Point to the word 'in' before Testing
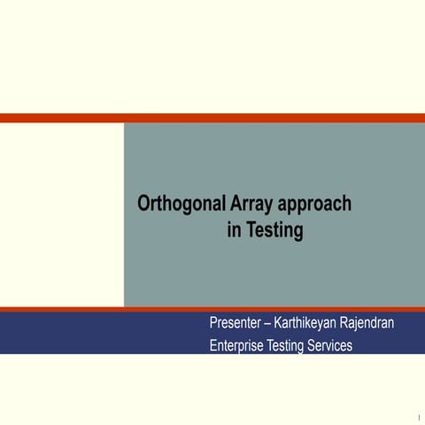pos(234,231)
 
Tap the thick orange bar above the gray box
pos(212,118)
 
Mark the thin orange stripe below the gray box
pos(212,309)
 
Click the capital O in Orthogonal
pos(144,204)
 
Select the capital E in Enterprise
pos(213,345)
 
